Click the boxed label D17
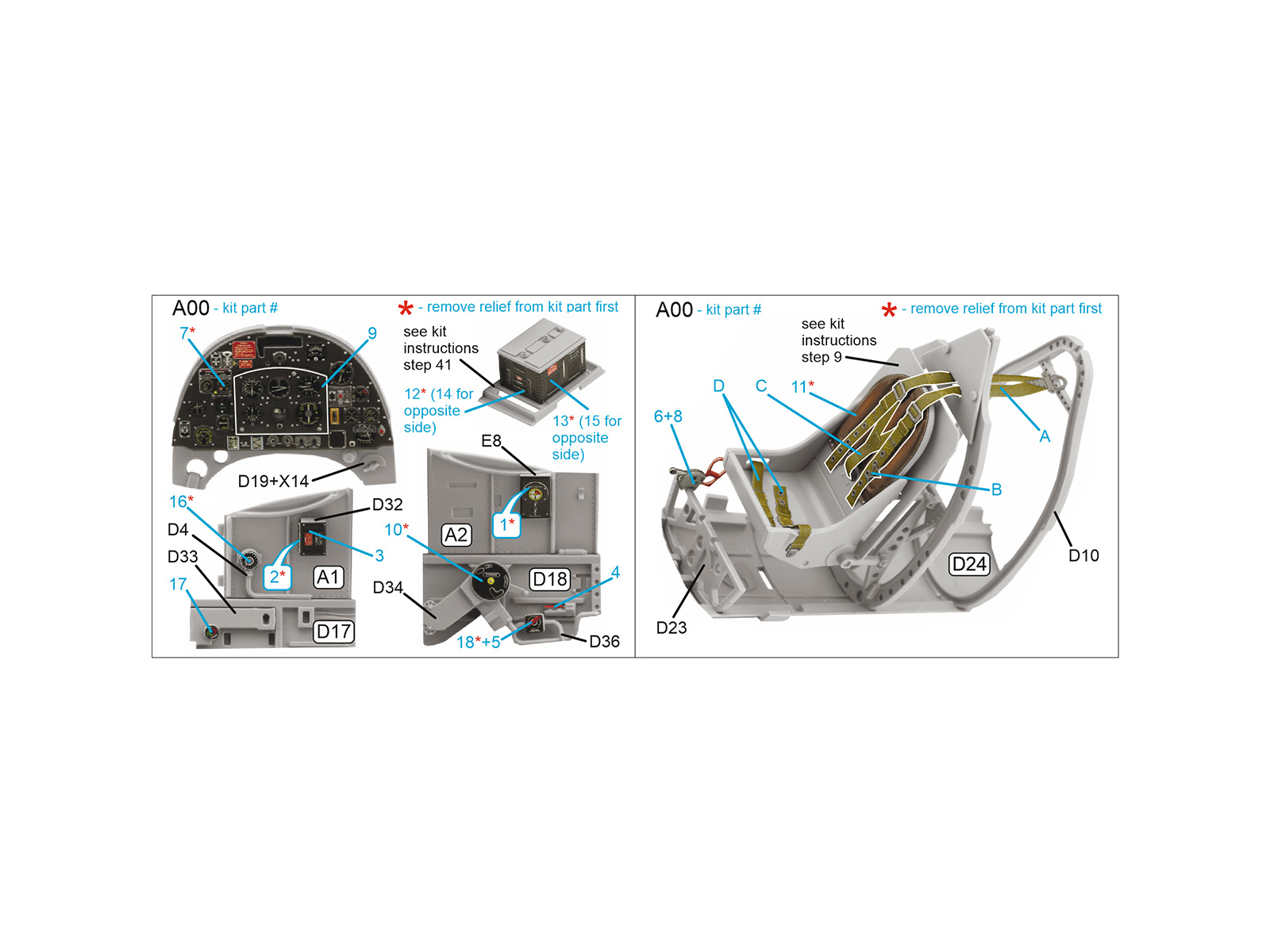(333, 631)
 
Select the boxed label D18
(549, 579)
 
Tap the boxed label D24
(969, 563)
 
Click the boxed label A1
(329, 577)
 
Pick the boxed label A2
(456, 535)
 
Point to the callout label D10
(1083, 555)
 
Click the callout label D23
(672, 628)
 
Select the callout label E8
(491, 441)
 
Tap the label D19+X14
(273, 481)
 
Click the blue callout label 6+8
(668, 416)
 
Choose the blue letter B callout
(996, 489)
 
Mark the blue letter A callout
(1045, 436)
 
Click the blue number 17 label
(178, 585)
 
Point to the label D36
(604, 641)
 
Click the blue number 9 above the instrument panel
(372, 333)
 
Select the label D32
(387, 505)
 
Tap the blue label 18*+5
(478, 642)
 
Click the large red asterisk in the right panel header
(889, 310)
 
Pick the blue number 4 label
(615, 572)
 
